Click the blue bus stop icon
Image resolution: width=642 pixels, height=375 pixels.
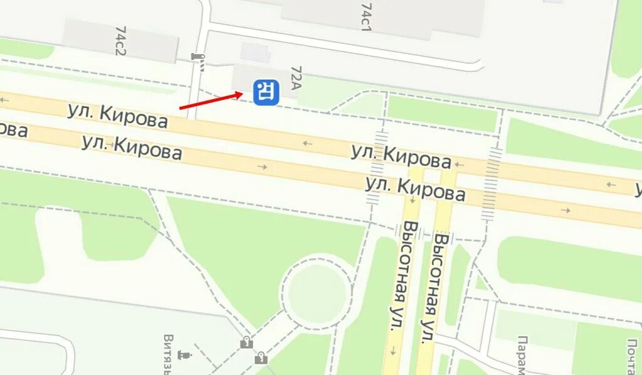tap(266, 92)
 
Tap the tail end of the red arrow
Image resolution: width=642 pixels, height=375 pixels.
tap(181, 108)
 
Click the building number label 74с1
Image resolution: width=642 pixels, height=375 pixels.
tap(366, 16)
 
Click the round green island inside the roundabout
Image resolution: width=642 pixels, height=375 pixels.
tap(317, 293)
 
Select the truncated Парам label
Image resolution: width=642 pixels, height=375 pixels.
tap(522, 354)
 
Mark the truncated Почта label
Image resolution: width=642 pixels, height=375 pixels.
tap(631, 356)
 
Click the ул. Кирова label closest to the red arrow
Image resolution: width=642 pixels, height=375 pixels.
tap(118, 116)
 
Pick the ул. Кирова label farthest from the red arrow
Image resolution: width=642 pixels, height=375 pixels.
tap(415, 188)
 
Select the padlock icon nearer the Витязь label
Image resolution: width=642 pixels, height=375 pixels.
tap(247, 342)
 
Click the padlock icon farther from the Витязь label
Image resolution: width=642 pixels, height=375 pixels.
tap(261, 359)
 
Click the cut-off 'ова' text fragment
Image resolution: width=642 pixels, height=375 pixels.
tap(13, 129)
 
